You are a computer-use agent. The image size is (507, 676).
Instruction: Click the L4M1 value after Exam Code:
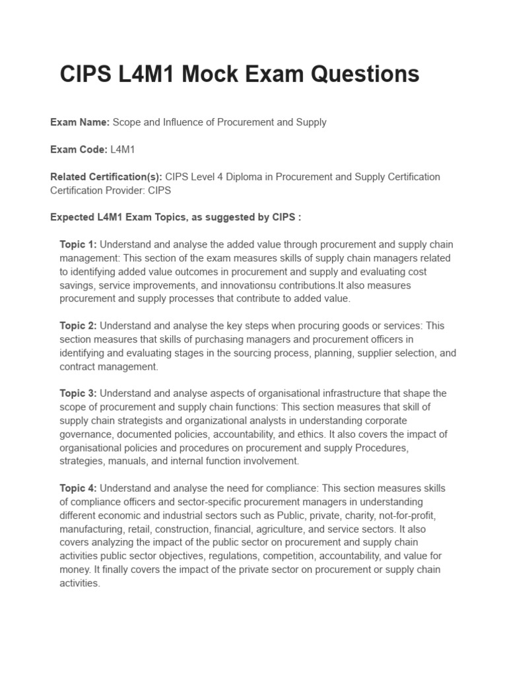pos(123,150)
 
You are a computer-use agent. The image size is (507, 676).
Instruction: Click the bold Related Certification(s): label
pos(106,177)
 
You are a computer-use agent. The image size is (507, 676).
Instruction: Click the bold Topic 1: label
pos(78,244)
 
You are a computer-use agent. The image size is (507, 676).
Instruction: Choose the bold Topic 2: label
pos(78,325)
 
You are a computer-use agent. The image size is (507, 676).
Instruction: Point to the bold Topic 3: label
pos(78,393)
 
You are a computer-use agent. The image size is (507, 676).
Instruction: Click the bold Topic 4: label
pos(78,489)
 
